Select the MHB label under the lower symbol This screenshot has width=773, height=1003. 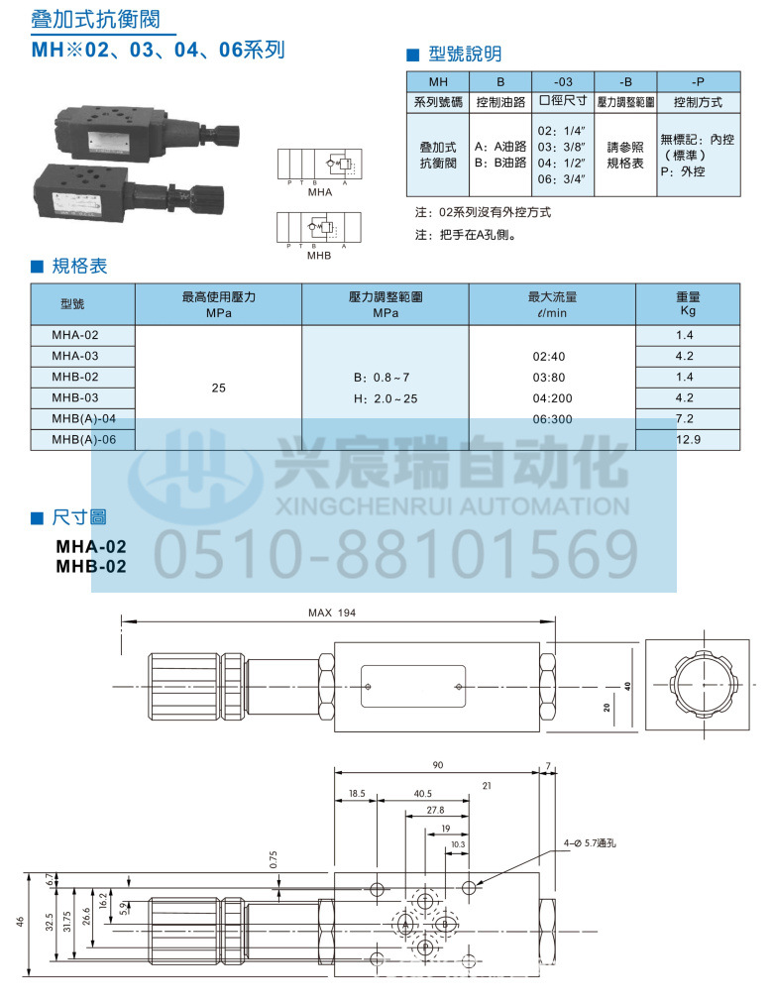pyautogui.click(x=318, y=256)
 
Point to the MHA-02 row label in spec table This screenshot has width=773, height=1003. pyautogui.click(x=75, y=335)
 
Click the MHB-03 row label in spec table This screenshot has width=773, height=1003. pyautogui.click(x=75, y=397)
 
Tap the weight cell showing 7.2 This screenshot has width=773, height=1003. pyautogui.click(x=686, y=418)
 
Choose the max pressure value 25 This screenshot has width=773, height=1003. pyautogui.click(x=219, y=388)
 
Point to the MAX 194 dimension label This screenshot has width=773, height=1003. pyautogui.click(x=332, y=613)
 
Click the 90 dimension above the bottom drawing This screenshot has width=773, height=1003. pyautogui.click(x=437, y=764)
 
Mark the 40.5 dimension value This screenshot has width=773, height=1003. pyautogui.click(x=423, y=794)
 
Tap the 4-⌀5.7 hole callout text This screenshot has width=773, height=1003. pyautogui.click(x=590, y=843)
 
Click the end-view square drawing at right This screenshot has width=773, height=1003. pyautogui.click(x=702, y=684)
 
